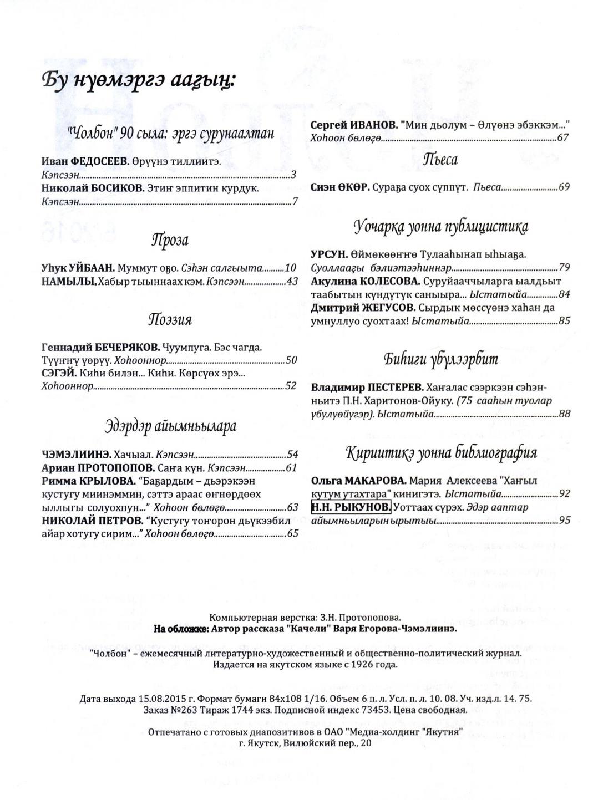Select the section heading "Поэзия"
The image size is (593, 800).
(x=170, y=320)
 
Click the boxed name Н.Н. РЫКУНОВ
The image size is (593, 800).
(x=351, y=507)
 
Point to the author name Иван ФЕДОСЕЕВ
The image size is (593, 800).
(x=84, y=162)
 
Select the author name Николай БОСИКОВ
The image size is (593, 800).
(x=92, y=188)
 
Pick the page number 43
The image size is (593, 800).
(x=292, y=282)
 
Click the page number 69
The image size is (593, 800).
(x=564, y=187)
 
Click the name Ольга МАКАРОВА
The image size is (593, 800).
(x=359, y=481)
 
